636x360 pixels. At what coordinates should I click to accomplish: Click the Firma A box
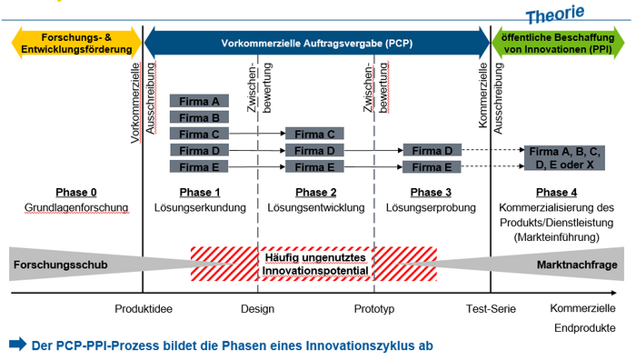(199, 101)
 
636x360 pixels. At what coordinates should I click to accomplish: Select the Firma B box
(199, 117)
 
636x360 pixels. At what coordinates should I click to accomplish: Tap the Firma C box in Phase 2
(314, 134)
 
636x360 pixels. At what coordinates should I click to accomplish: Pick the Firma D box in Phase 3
(432, 150)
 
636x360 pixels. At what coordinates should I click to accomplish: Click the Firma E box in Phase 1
(199, 166)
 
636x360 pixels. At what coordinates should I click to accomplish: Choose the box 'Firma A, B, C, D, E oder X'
(563, 157)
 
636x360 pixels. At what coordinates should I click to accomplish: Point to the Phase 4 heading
(556, 192)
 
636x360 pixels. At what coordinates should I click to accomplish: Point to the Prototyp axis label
(374, 309)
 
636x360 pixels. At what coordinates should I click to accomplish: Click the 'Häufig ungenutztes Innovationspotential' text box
(314, 264)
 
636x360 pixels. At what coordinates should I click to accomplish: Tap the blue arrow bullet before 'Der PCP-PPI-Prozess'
(18, 345)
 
